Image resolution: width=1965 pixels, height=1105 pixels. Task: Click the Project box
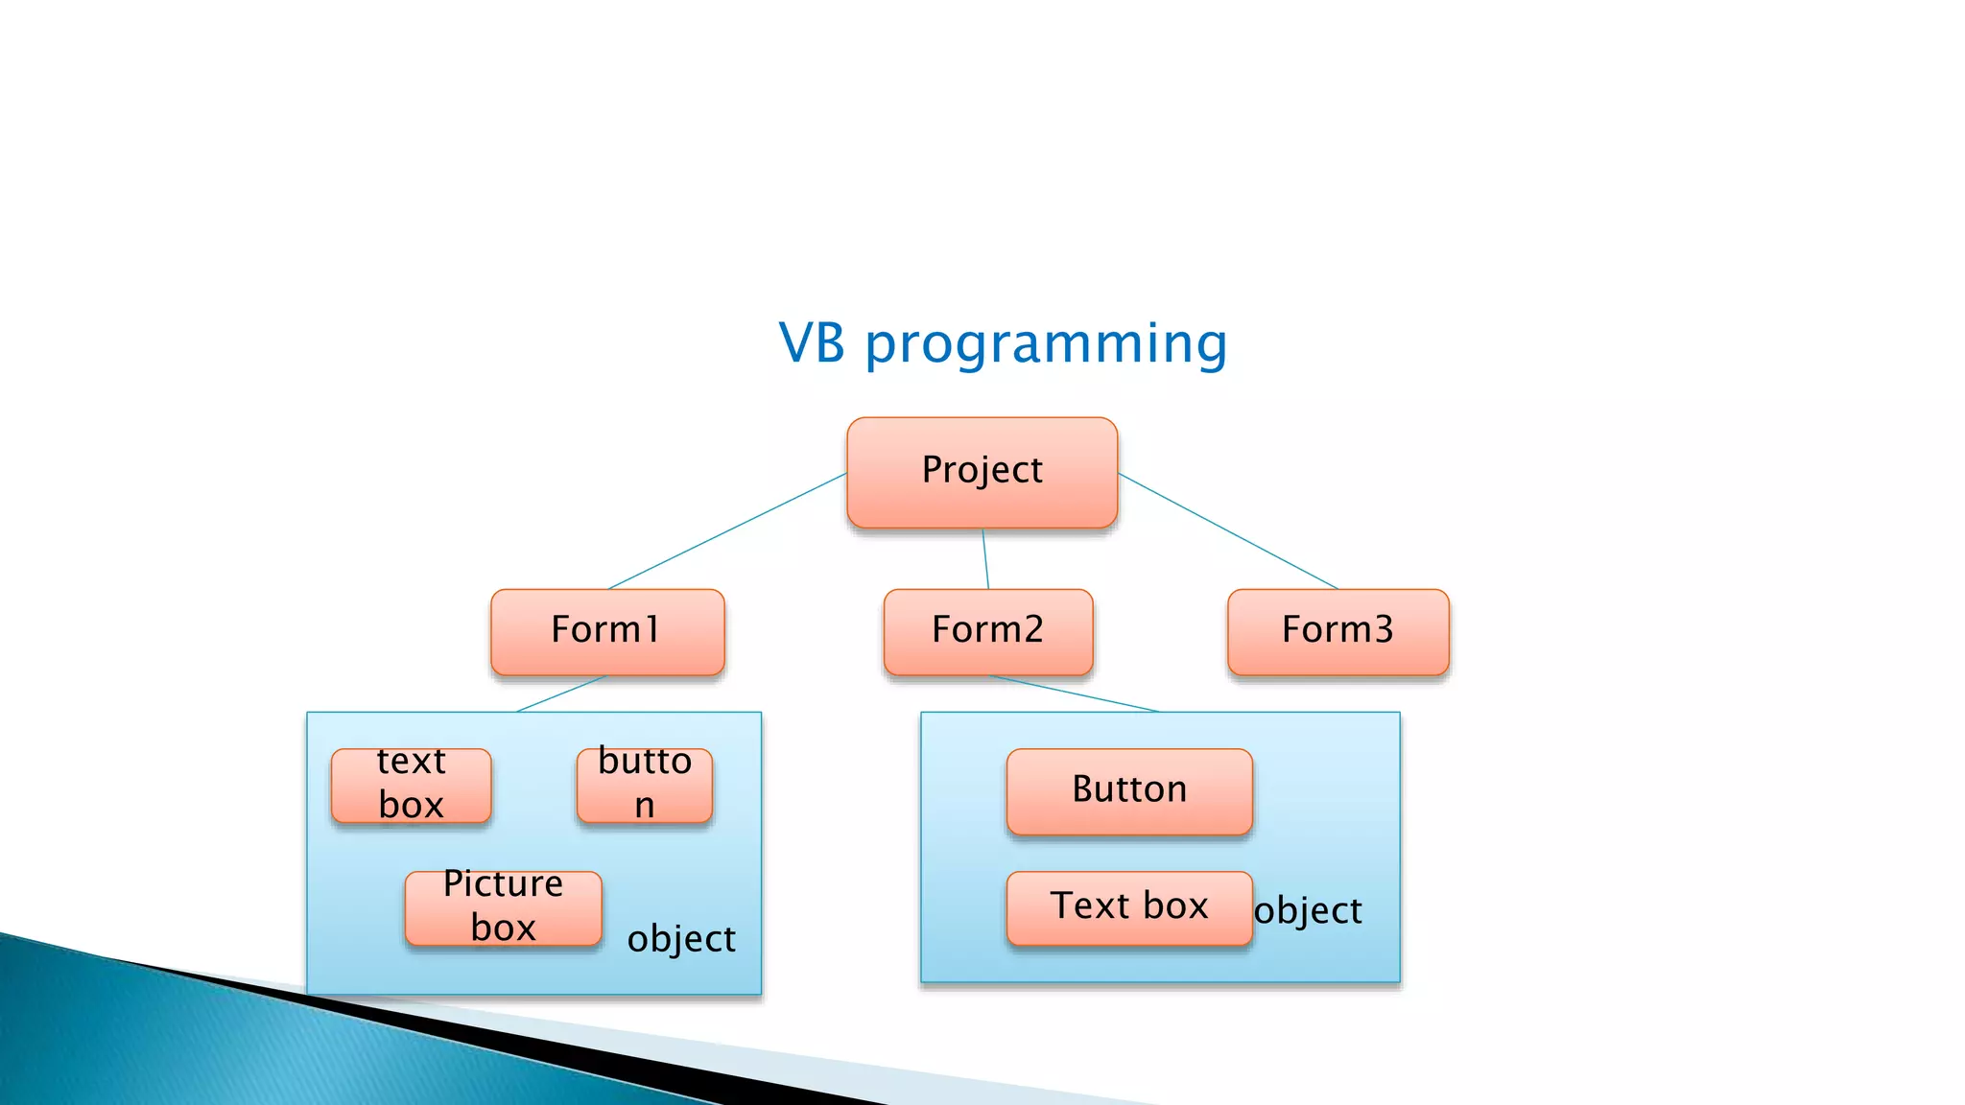982,472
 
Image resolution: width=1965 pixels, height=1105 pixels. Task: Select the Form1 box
607,631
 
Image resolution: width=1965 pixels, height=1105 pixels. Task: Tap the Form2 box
987,631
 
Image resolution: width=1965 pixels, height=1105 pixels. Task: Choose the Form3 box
1338,631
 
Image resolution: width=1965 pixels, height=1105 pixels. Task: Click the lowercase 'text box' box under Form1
411,785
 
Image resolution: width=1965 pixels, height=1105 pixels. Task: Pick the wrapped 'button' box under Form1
644,785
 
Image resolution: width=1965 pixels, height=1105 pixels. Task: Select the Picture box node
503,907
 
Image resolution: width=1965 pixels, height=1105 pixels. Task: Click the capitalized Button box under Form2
1129,790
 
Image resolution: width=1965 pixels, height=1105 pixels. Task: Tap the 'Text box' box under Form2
1129,907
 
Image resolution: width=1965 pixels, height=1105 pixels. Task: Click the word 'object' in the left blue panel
681,939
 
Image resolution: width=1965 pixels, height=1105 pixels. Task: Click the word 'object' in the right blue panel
1308,910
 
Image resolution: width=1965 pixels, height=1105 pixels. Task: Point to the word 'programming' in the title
1046,343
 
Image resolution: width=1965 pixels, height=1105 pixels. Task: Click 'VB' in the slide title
812,343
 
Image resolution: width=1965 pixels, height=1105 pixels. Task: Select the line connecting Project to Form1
727,530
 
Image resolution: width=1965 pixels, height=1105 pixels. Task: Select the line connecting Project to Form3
1228,530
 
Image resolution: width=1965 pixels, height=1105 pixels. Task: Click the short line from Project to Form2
985,559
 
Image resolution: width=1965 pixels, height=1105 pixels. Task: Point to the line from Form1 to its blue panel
561,694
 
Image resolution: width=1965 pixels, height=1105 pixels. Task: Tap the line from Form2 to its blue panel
1075,694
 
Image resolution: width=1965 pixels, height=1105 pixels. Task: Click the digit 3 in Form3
1383,630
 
